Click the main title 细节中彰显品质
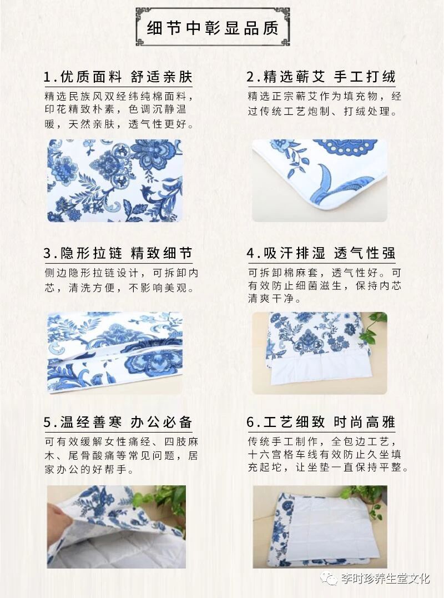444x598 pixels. point(213,28)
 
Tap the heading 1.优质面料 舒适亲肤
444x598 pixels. point(118,77)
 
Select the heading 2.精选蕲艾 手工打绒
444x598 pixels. point(321,77)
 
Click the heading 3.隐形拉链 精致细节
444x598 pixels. point(118,253)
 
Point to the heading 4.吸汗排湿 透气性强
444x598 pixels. point(321,253)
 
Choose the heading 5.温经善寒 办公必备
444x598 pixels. point(118,422)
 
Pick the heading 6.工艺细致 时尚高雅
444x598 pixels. point(321,422)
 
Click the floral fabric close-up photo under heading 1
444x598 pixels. point(115,180)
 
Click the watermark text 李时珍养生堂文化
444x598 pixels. point(385,579)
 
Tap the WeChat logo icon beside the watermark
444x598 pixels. point(329,579)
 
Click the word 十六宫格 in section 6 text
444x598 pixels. point(272,454)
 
